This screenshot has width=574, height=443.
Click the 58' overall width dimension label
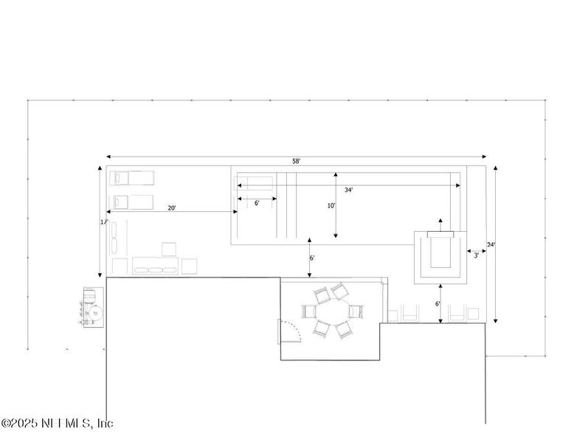(x=296, y=161)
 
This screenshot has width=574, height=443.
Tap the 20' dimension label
(x=171, y=208)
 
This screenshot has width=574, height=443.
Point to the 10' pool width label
(x=331, y=206)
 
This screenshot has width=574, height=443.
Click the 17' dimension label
(x=104, y=221)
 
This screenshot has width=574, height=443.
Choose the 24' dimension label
(x=491, y=244)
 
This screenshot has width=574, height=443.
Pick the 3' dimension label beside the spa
(x=476, y=255)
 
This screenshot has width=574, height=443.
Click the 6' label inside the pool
(x=256, y=202)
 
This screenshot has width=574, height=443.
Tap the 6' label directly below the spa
(x=437, y=303)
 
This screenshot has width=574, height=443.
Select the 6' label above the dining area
(x=312, y=258)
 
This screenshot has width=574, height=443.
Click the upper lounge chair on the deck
(x=133, y=177)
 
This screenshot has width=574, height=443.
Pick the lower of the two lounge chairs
(x=133, y=201)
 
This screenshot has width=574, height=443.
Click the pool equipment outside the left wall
(x=92, y=308)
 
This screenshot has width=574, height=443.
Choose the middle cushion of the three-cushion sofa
(x=156, y=269)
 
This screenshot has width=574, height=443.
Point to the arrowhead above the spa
(x=440, y=220)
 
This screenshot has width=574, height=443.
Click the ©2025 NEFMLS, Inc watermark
(x=58, y=424)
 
